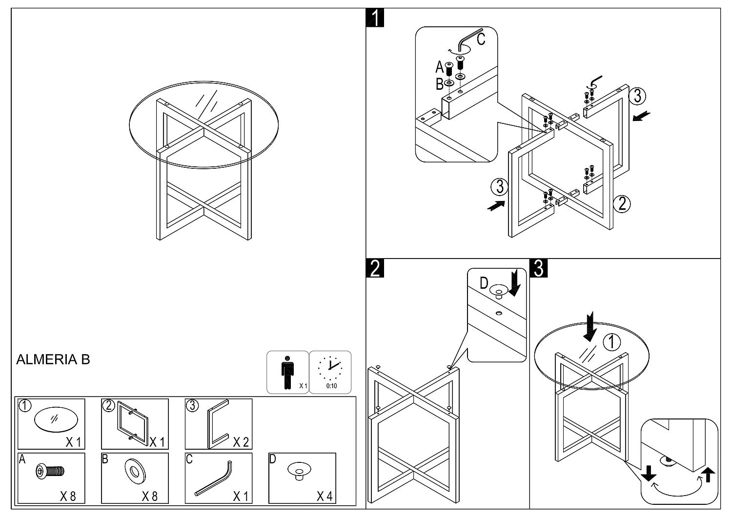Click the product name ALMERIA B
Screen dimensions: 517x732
click(53, 360)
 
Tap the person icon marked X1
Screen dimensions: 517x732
click(287, 372)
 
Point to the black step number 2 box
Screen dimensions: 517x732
click(375, 268)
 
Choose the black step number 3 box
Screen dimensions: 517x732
click(539, 268)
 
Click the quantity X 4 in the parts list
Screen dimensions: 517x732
click(324, 497)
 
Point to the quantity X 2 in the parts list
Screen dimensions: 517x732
click(241, 442)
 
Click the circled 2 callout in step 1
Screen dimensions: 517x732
click(622, 203)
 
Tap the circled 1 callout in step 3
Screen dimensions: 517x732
click(611, 342)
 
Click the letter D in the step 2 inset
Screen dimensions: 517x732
click(484, 283)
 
